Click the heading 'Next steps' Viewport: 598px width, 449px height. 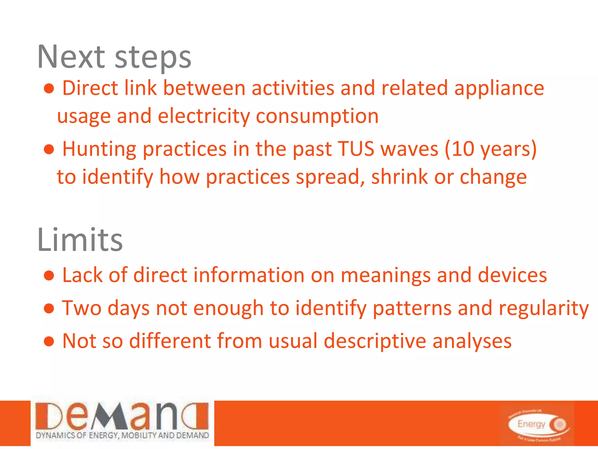coord(114,57)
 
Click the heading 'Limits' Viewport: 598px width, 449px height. coord(80,240)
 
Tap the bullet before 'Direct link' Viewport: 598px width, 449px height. coord(49,89)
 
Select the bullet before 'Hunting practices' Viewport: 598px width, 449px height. coord(49,149)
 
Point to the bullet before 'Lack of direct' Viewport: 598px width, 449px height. coord(49,276)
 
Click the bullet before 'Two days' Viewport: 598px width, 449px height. coord(49,308)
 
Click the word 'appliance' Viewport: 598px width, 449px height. coord(499,89)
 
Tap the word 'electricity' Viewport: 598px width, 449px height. coord(204,116)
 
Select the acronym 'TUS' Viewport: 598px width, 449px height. coord(356,149)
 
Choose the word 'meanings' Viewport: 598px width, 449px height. coord(385,276)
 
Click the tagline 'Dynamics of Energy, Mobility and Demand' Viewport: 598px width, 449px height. coord(122,435)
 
